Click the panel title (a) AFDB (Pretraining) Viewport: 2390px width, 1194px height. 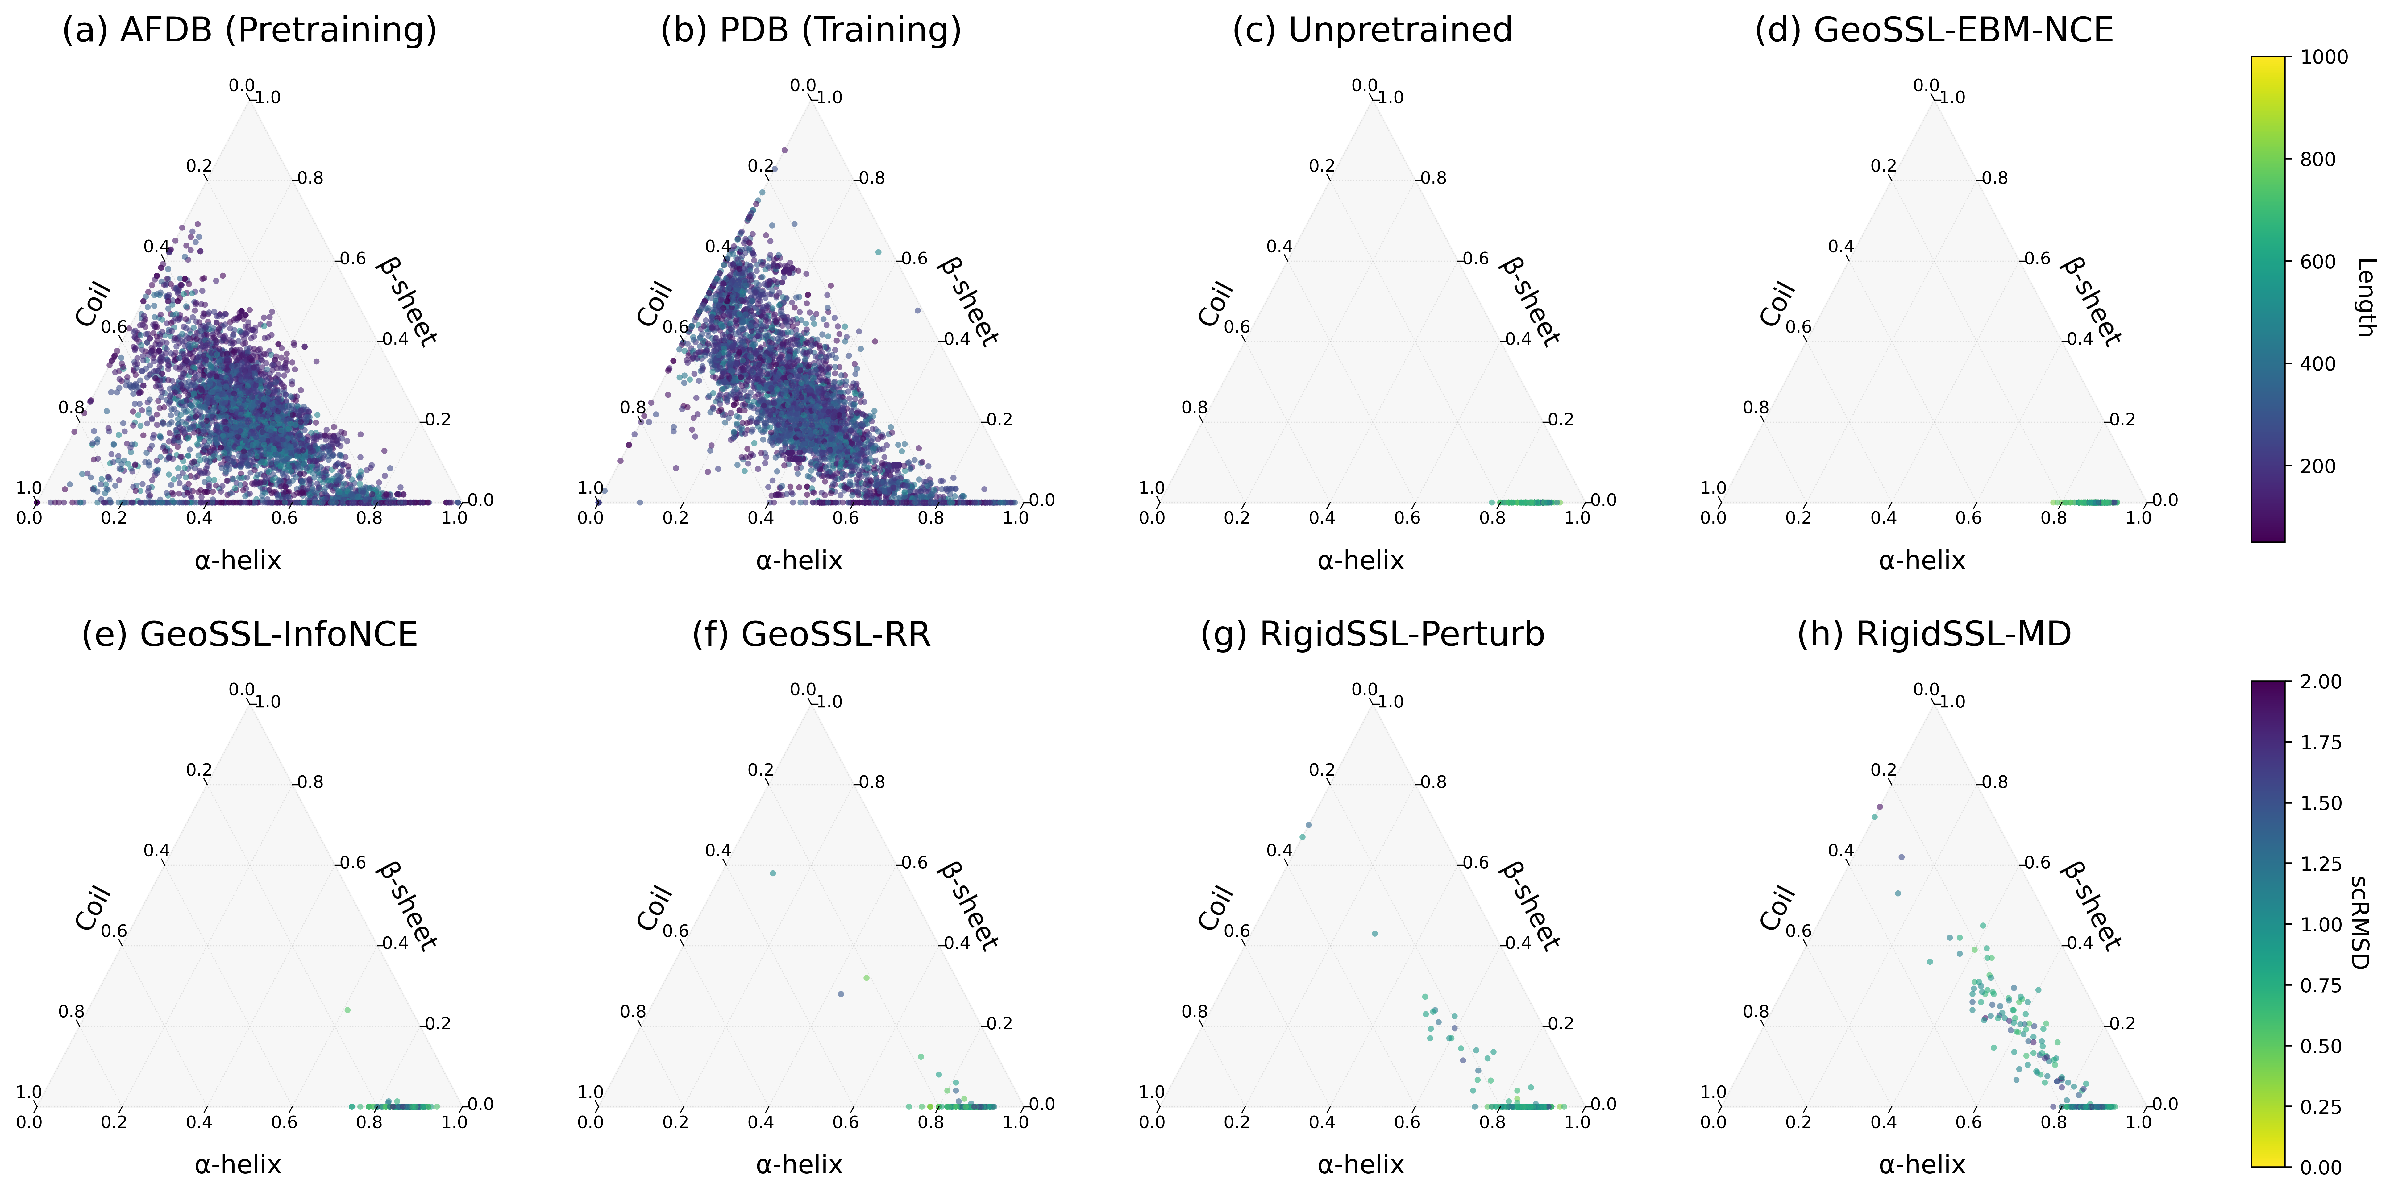click(249, 31)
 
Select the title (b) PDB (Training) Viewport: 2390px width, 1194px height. click(811, 31)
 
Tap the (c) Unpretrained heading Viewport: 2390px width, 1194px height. click(1372, 31)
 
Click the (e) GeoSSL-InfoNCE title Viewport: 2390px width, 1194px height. click(249, 635)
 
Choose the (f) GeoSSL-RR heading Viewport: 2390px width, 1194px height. click(811, 635)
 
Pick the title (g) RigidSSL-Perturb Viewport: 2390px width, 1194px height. click(1372, 635)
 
